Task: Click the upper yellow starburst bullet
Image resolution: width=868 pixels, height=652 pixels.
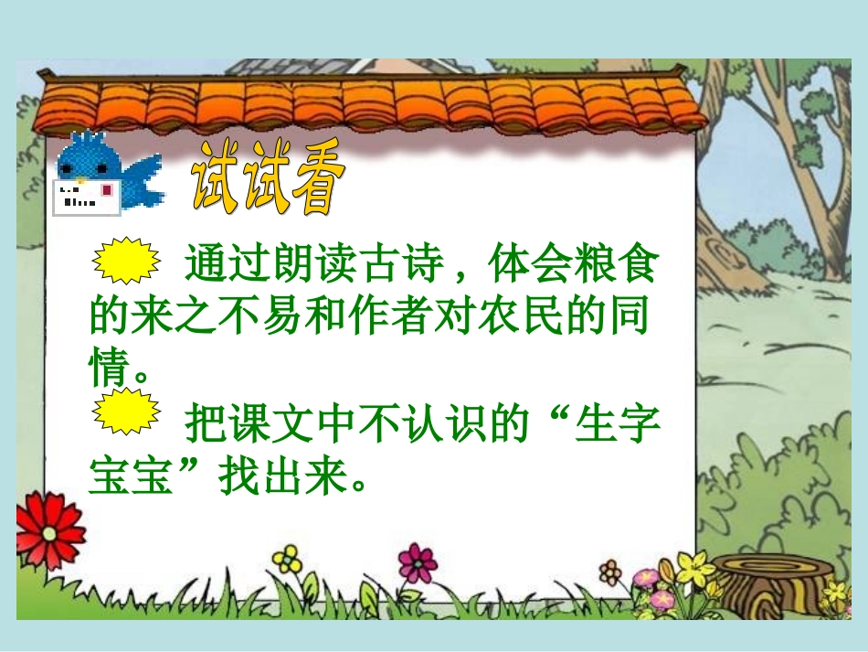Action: (127, 260)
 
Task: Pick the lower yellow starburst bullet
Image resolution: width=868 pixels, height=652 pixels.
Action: (127, 412)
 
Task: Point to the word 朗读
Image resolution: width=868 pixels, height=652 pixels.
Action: (315, 267)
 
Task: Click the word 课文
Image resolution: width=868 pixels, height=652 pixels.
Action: (273, 424)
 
